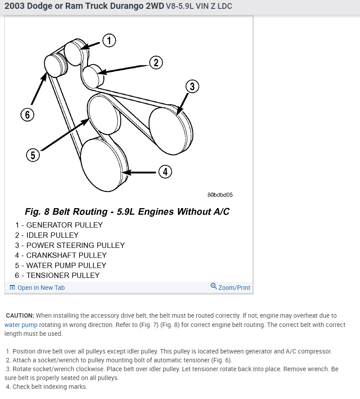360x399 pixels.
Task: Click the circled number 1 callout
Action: (109, 41)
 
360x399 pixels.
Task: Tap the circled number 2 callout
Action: (156, 63)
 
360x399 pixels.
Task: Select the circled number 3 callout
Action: (192, 87)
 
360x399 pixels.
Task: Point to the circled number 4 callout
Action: (165, 171)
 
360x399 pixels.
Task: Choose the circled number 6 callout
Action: (27, 115)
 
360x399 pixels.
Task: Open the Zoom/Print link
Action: (230, 287)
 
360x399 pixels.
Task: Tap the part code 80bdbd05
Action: (220, 194)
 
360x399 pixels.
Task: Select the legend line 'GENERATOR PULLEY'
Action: (59, 225)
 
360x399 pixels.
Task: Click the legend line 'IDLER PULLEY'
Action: (47, 235)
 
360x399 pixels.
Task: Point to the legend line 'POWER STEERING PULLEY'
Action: (70, 245)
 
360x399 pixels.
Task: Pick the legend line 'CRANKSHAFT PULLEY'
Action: (61, 255)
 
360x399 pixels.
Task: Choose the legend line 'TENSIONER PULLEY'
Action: (57, 275)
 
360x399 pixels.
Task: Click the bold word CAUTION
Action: (20, 315)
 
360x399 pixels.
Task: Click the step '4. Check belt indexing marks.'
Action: (46, 387)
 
